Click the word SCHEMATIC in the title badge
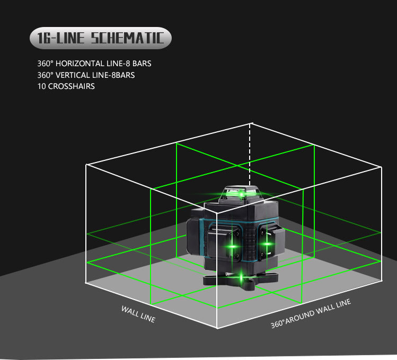127,38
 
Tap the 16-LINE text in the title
61,38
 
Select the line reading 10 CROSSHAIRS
66,86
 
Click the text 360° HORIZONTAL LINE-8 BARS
94,64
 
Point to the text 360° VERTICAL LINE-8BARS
86,75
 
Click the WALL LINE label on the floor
138,314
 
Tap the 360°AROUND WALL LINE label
311,313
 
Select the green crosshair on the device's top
241,195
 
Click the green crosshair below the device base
241,277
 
